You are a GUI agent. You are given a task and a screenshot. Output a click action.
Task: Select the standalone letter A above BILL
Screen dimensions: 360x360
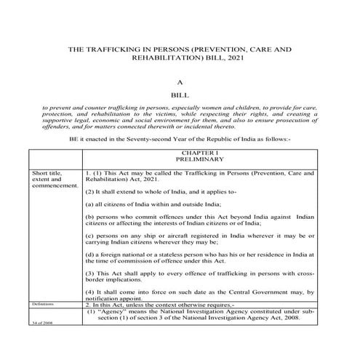[180, 84]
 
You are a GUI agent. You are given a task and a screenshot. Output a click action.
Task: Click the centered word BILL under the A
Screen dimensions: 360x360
[180, 97]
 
